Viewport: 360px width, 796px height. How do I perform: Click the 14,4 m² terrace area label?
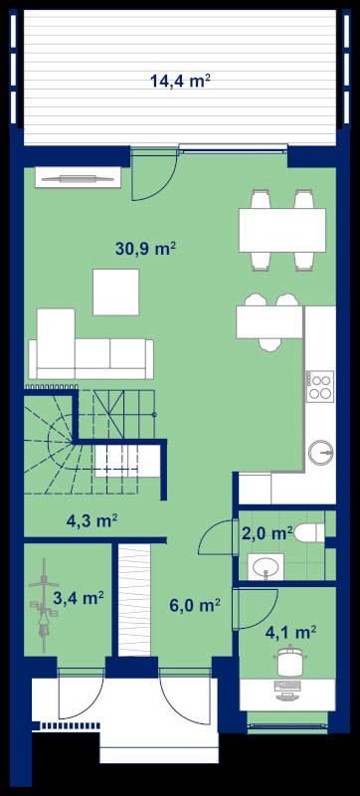tap(180, 81)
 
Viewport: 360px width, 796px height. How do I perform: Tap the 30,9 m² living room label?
tap(145, 249)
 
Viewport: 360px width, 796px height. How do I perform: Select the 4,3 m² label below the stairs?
tap(92, 520)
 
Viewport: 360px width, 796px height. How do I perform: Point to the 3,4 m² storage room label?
tap(80, 598)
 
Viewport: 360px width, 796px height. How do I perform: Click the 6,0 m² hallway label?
tap(195, 606)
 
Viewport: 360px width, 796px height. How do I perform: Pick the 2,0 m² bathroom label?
tap(268, 534)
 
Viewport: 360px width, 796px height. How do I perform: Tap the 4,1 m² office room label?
tap(291, 633)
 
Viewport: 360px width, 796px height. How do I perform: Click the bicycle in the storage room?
tap(44, 605)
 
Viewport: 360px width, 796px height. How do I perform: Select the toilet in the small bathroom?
tap(309, 532)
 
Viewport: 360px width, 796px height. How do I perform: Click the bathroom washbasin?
tap(266, 566)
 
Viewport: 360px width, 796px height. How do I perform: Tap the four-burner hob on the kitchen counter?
tap(320, 386)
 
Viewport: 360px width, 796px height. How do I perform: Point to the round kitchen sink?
tap(321, 452)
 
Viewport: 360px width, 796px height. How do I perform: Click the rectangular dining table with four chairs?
tap(282, 230)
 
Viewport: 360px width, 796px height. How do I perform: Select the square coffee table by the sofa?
tap(115, 293)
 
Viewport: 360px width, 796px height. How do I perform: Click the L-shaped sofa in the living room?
tap(90, 344)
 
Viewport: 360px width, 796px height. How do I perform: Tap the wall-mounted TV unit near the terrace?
tap(79, 178)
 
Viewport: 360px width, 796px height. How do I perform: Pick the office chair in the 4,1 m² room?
tap(290, 661)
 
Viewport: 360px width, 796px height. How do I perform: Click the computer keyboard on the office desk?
tap(287, 686)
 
